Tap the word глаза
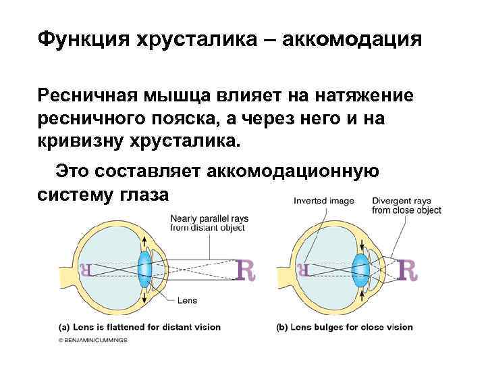145,195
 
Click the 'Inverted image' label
319,201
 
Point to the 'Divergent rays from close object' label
406,205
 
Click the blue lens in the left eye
144,269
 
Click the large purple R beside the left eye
248,270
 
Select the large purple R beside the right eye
408,270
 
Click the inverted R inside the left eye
86,270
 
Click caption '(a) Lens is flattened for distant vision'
139,327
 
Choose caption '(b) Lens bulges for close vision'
345,327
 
